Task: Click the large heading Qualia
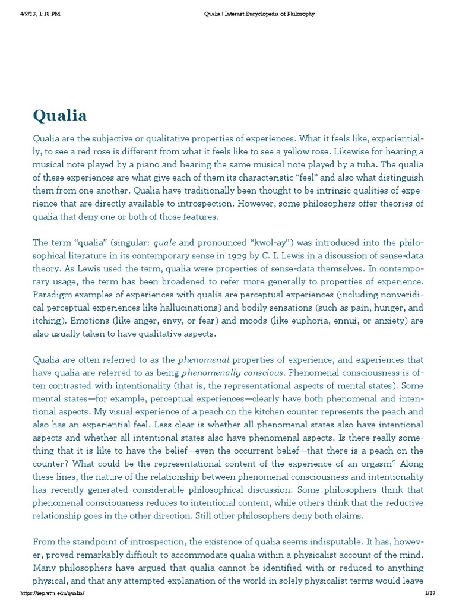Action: (x=59, y=115)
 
